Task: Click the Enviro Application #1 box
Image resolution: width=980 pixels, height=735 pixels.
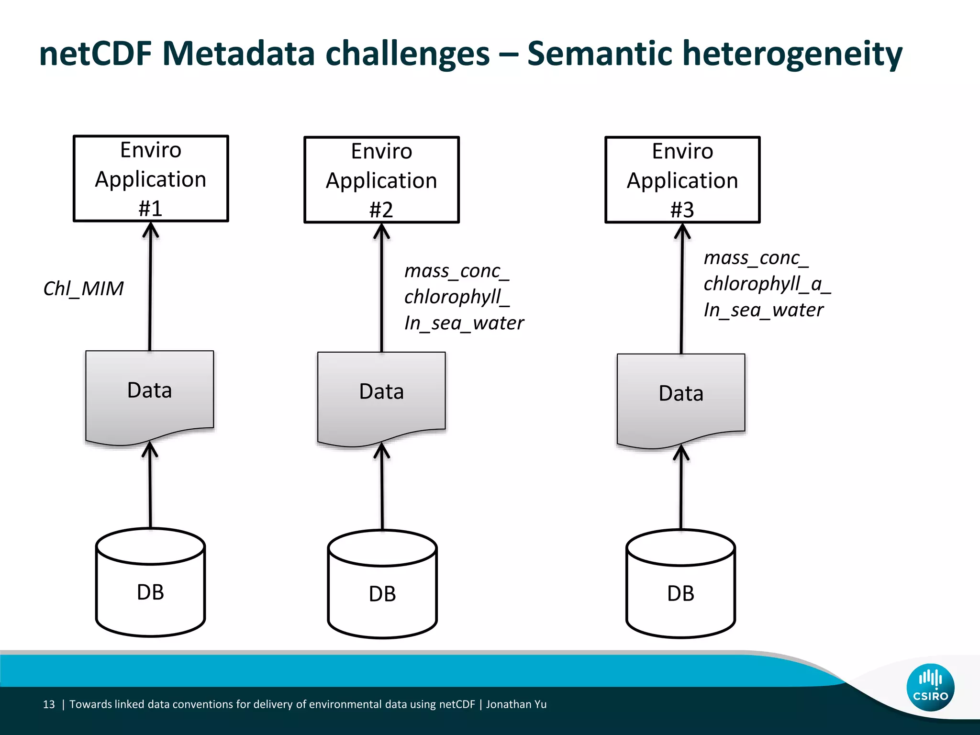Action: (x=151, y=178)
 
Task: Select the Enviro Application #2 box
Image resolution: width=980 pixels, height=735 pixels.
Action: (x=381, y=180)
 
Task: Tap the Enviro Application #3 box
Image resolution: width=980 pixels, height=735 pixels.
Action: (x=682, y=180)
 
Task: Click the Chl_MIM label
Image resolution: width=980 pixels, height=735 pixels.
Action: (x=84, y=289)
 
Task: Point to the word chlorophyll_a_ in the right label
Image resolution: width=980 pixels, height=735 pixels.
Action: (x=766, y=284)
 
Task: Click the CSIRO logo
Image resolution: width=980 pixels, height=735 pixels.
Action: (x=930, y=687)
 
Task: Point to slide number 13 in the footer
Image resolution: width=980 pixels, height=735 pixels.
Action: (x=49, y=704)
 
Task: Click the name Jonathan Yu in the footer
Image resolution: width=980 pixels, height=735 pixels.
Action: (x=516, y=704)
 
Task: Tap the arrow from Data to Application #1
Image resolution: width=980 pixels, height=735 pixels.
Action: (x=150, y=287)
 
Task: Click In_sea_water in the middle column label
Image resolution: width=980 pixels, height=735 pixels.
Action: (x=464, y=323)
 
